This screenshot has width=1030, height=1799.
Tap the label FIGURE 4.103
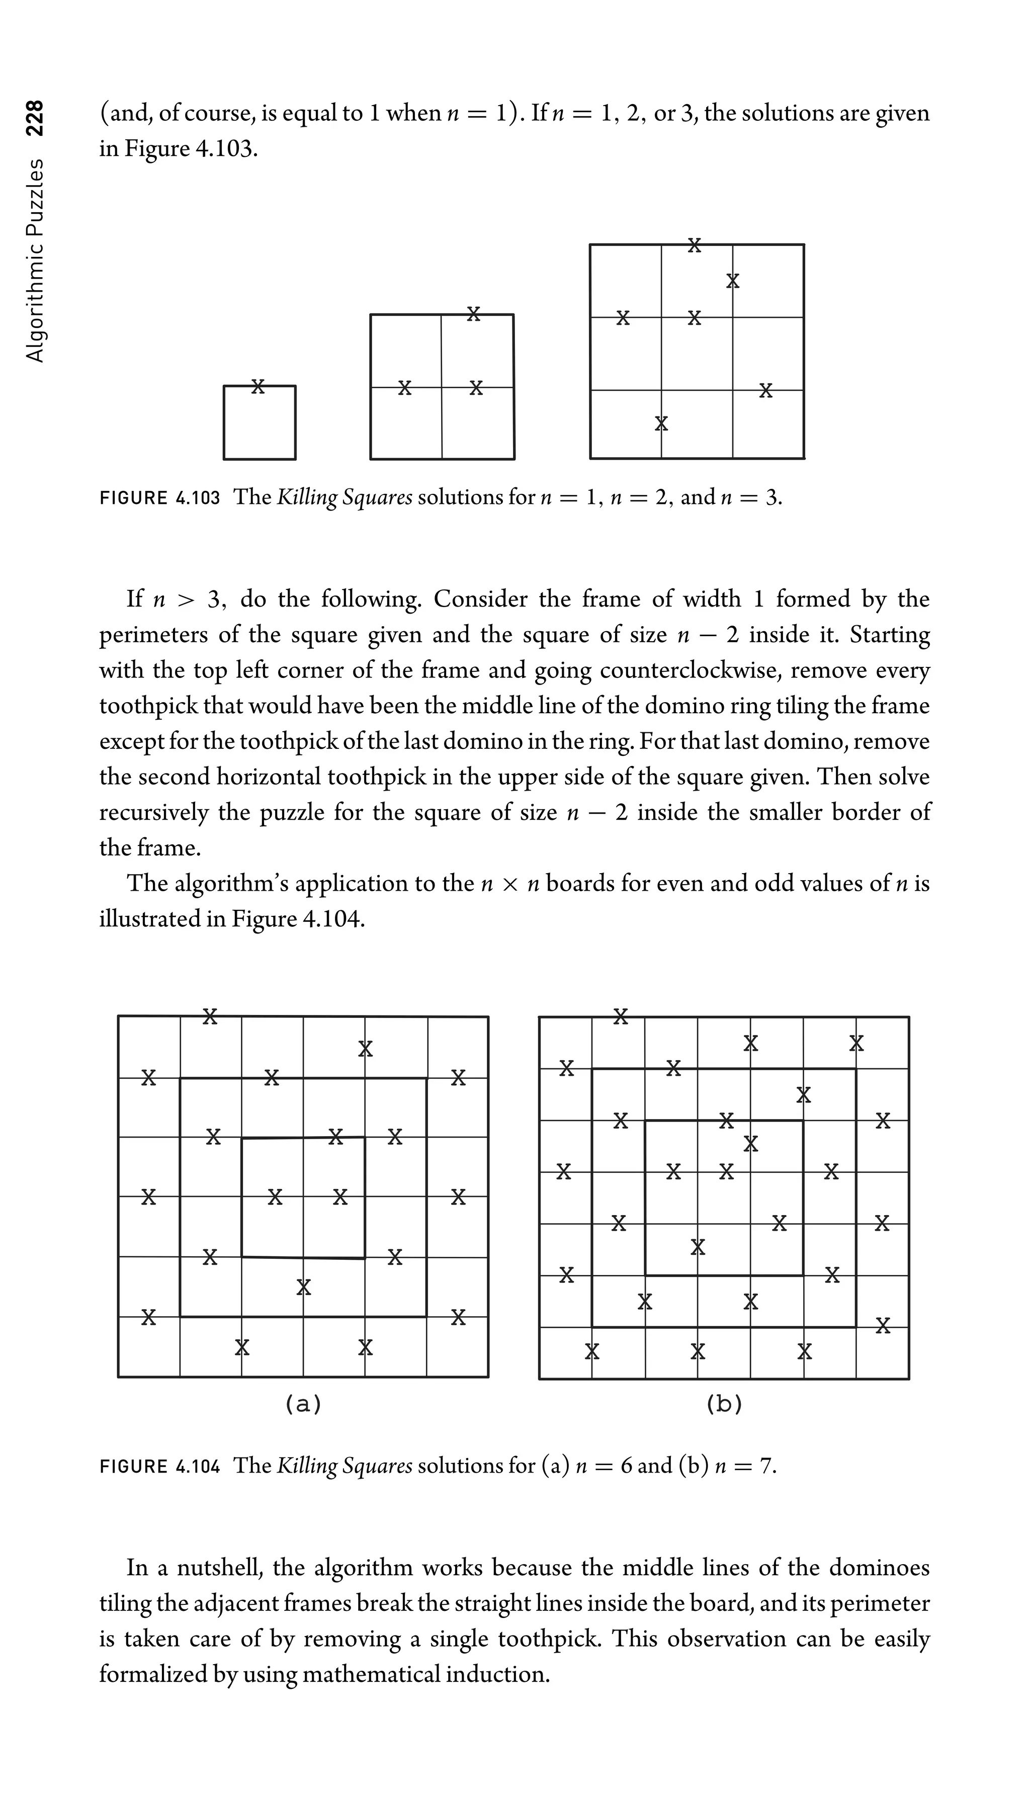click(160, 498)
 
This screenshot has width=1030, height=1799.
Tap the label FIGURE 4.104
click(160, 1466)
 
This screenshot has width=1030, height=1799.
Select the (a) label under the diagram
click(303, 1404)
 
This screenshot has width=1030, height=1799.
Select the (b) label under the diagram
click(724, 1404)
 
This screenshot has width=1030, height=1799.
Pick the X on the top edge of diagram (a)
click(209, 1016)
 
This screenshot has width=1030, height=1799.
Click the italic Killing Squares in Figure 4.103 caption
click(344, 498)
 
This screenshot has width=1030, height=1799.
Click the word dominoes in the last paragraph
click(879, 1568)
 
